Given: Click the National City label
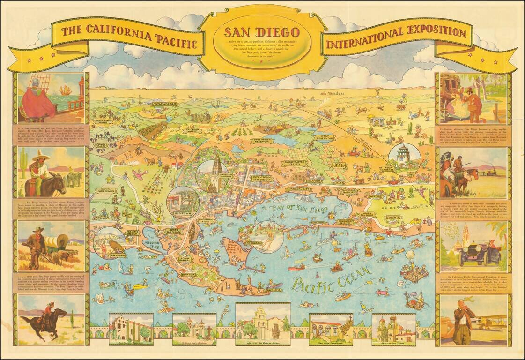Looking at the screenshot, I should (x=299, y=189).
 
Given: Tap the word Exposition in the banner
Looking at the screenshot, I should (x=432, y=33).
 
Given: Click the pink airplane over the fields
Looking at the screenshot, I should (x=139, y=174).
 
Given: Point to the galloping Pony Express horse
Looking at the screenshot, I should (x=42, y=323).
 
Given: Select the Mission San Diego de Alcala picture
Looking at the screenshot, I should (x=262, y=323).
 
